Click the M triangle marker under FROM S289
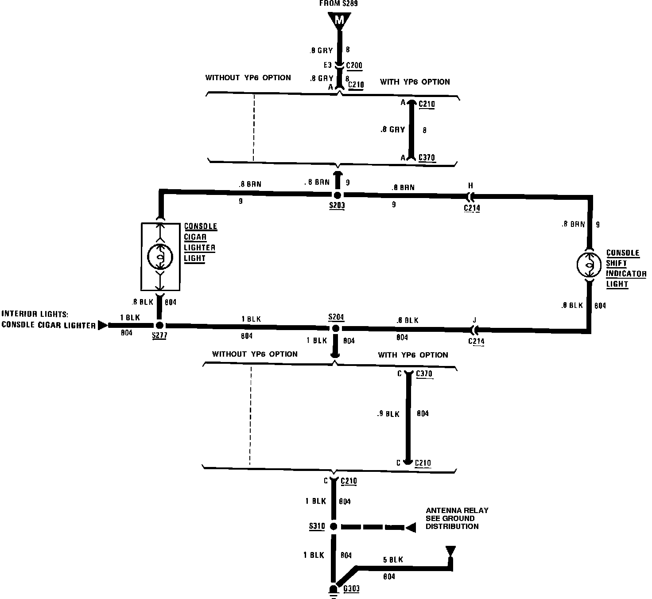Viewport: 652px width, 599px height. pos(339,20)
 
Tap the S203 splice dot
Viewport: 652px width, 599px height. pos(337,195)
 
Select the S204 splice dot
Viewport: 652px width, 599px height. pos(335,328)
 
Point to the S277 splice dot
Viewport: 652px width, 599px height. pos(159,326)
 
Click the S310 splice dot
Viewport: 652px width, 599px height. pos(334,527)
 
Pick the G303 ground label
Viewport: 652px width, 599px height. pos(351,589)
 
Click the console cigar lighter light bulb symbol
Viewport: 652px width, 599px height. pos(160,256)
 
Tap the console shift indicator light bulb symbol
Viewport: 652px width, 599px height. pos(590,265)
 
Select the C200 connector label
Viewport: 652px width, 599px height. pos(354,66)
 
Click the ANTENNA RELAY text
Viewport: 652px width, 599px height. pos(457,510)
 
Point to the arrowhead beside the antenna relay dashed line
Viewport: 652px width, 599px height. pos(410,528)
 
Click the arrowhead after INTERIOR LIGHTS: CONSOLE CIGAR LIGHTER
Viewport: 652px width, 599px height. pos(102,325)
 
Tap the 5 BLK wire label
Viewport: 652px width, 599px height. pos(393,560)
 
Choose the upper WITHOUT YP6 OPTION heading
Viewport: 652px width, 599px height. pos(248,78)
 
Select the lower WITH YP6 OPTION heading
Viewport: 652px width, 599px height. pos(413,355)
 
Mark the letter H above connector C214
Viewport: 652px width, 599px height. pos(471,185)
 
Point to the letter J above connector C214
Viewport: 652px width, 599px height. pos(474,320)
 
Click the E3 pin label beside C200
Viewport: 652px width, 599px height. pos(327,65)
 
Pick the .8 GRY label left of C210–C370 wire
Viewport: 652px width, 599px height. pos(393,130)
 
